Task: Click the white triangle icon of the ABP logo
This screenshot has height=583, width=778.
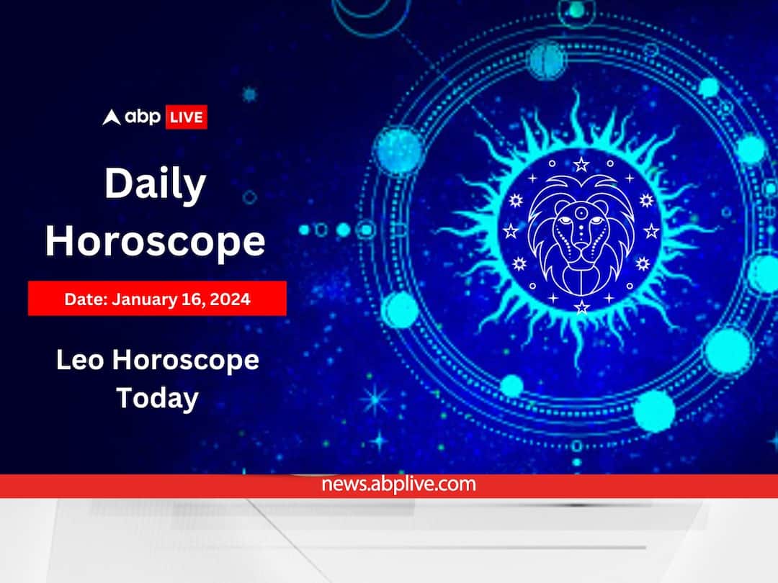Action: [111, 117]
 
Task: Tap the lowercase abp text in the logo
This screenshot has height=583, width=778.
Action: [143, 117]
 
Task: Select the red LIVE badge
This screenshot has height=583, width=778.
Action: [187, 117]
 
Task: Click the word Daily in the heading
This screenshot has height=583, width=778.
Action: [155, 185]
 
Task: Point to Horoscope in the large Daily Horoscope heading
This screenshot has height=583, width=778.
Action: [155, 241]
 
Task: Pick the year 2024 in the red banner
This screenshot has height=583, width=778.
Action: [231, 299]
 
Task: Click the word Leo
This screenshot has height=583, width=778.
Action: [80, 360]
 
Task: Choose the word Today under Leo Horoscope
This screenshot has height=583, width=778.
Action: [157, 397]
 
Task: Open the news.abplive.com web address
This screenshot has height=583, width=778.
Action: [400, 484]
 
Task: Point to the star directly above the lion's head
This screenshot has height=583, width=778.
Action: [581, 164]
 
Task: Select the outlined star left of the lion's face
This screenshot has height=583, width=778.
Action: [511, 231]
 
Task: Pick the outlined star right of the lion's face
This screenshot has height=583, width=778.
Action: [651, 231]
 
